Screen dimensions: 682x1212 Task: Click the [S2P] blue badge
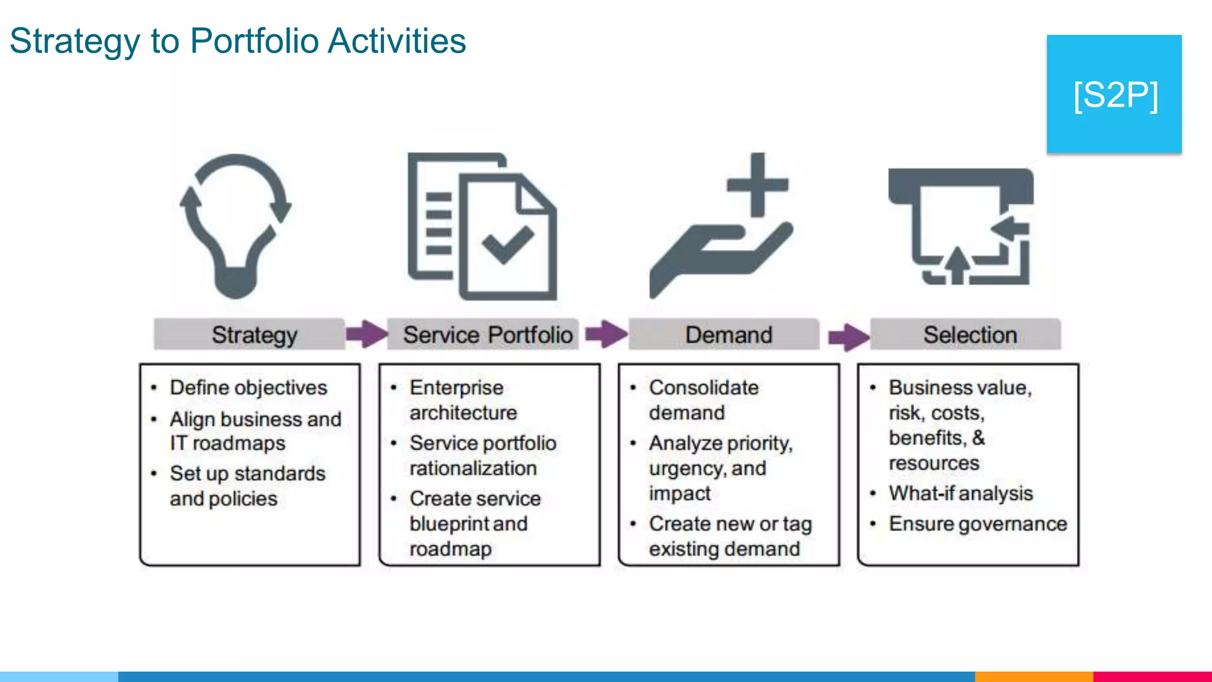click(1114, 94)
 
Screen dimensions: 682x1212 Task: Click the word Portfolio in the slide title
click(254, 41)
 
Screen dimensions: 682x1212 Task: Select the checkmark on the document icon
click(507, 244)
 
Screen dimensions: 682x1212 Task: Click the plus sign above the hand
click(757, 185)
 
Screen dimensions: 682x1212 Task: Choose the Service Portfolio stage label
click(488, 335)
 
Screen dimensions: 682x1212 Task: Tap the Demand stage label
click(728, 335)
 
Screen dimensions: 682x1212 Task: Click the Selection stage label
click(969, 335)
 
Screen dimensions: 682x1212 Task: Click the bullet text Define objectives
click(248, 388)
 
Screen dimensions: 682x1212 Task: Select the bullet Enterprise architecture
click(463, 400)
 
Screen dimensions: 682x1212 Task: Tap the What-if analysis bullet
click(960, 493)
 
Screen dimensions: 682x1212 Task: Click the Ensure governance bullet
click(977, 524)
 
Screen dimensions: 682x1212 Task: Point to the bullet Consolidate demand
click(703, 400)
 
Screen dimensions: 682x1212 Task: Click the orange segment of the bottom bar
click(1033, 676)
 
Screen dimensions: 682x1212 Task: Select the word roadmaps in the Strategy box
click(239, 443)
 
